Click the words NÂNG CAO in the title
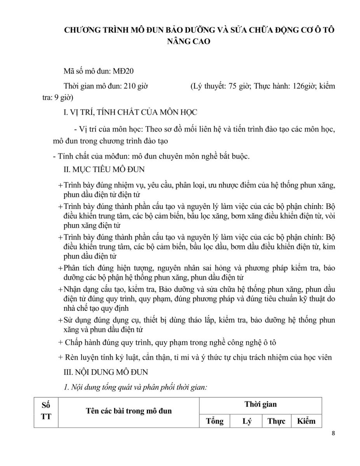tap(189, 42)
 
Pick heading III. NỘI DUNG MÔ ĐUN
tap(106, 372)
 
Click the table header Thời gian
tap(260, 404)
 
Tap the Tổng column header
tap(215, 421)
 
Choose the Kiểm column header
tap(306, 421)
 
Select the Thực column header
tap(276, 421)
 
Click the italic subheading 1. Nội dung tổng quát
tap(137, 387)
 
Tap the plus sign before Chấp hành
tap(60, 343)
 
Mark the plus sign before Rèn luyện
tap(60, 358)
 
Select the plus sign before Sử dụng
tap(60, 321)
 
